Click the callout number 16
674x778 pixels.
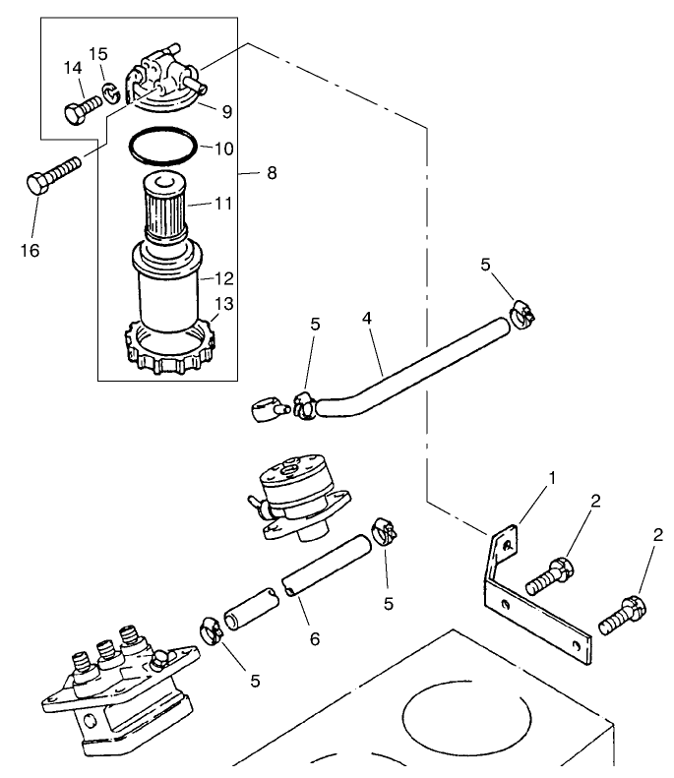(x=30, y=251)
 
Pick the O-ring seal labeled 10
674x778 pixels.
(x=164, y=148)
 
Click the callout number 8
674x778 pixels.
(x=271, y=173)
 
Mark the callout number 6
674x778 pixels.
(x=315, y=637)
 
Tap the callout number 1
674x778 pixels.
(x=552, y=477)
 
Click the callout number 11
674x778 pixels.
(x=223, y=204)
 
